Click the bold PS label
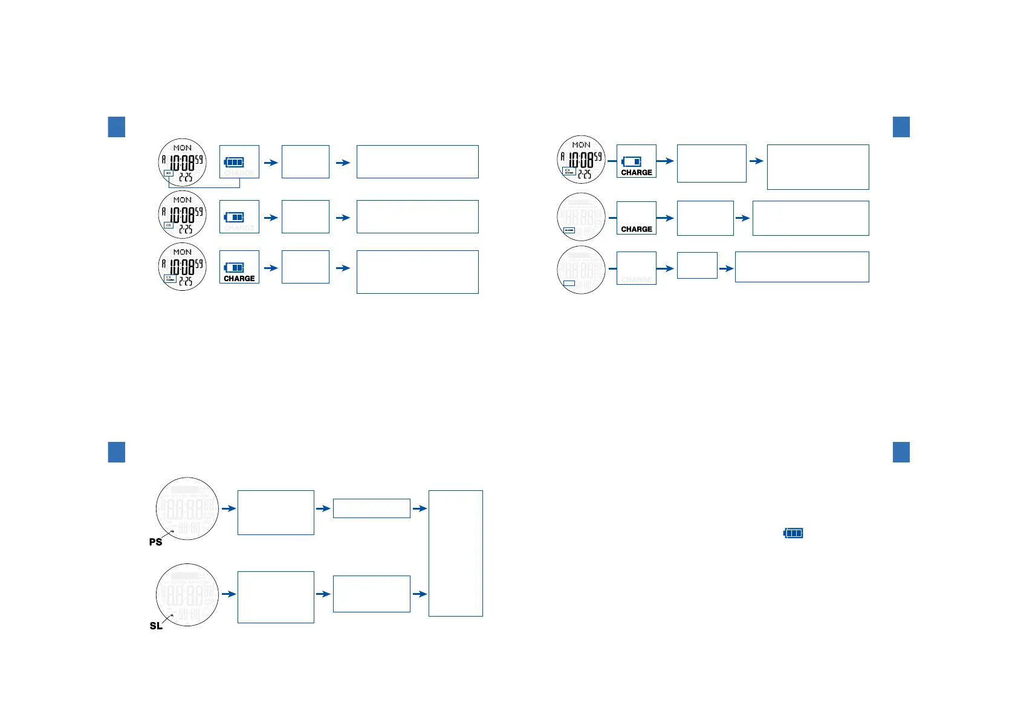click(x=155, y=542)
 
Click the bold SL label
click(x=156, y=626)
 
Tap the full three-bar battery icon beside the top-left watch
click(x=234, y=162)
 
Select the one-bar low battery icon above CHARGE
click(x=632, y=161)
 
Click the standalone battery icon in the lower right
click(x=793, y=533)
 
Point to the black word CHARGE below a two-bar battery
click(x=239, y=279)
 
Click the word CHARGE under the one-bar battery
click(x=637, y=172)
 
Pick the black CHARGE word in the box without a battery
click(x=637, y=229)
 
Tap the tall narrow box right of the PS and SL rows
click(x=455, y=553)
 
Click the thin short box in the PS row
click(x=371, y=508)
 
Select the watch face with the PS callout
click(x=187, y=508)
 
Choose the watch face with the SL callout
click(x=187, y=595)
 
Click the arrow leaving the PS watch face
click(x=229, y=508)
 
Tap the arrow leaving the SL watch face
click(x=229, y=594)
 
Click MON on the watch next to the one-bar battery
click(x=581, y=145)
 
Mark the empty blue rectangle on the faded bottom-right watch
click(x=569, y=283)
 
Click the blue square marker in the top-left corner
click(x=117, y=127)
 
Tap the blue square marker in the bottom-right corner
click(x=901, y=452)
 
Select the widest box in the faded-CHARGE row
click(x=802, y=267)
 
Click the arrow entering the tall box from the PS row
click(x=420, y=508)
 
